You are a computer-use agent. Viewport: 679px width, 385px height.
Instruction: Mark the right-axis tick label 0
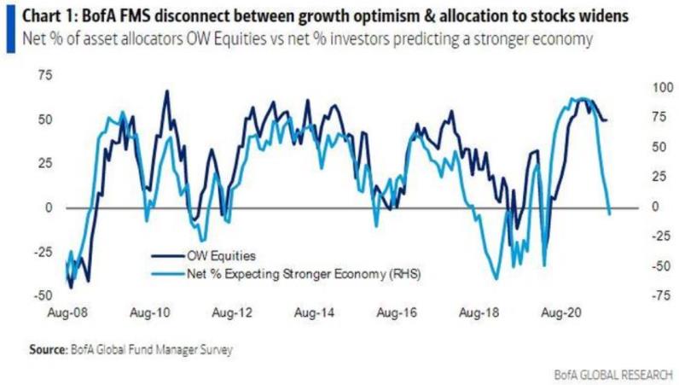633,206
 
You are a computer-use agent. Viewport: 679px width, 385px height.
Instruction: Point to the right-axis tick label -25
636,236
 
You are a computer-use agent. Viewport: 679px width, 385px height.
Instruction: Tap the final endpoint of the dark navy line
607,120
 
